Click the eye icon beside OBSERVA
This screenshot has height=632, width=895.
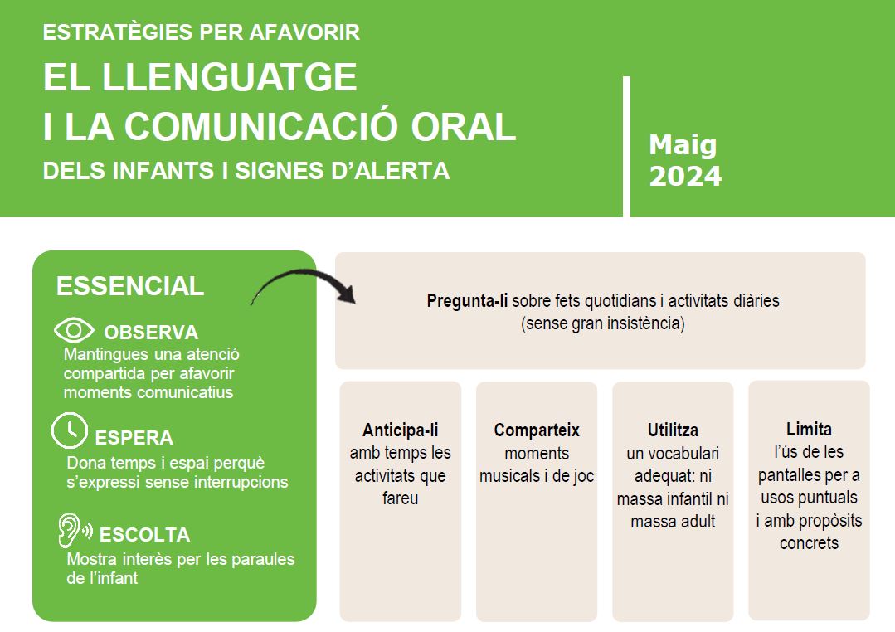pos(75,331)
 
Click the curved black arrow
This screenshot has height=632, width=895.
pos(303,286)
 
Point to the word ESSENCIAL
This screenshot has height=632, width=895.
pos(129,286)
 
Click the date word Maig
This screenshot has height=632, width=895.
pos(683,145)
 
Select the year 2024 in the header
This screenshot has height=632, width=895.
pos(685,177)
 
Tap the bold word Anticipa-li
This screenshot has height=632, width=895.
pos(400,430)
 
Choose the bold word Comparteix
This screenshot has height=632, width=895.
pos(537,430)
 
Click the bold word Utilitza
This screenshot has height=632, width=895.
pos(673,430)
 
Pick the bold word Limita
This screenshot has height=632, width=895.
pos(809,430)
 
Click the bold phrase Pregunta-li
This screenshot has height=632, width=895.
pos(467,300)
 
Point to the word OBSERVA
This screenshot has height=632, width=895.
pos(151,333)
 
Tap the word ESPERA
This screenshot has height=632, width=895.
pos(134,438)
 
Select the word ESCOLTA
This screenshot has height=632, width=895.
pos(144,535)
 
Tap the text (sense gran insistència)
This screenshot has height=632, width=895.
pos(603,323)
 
